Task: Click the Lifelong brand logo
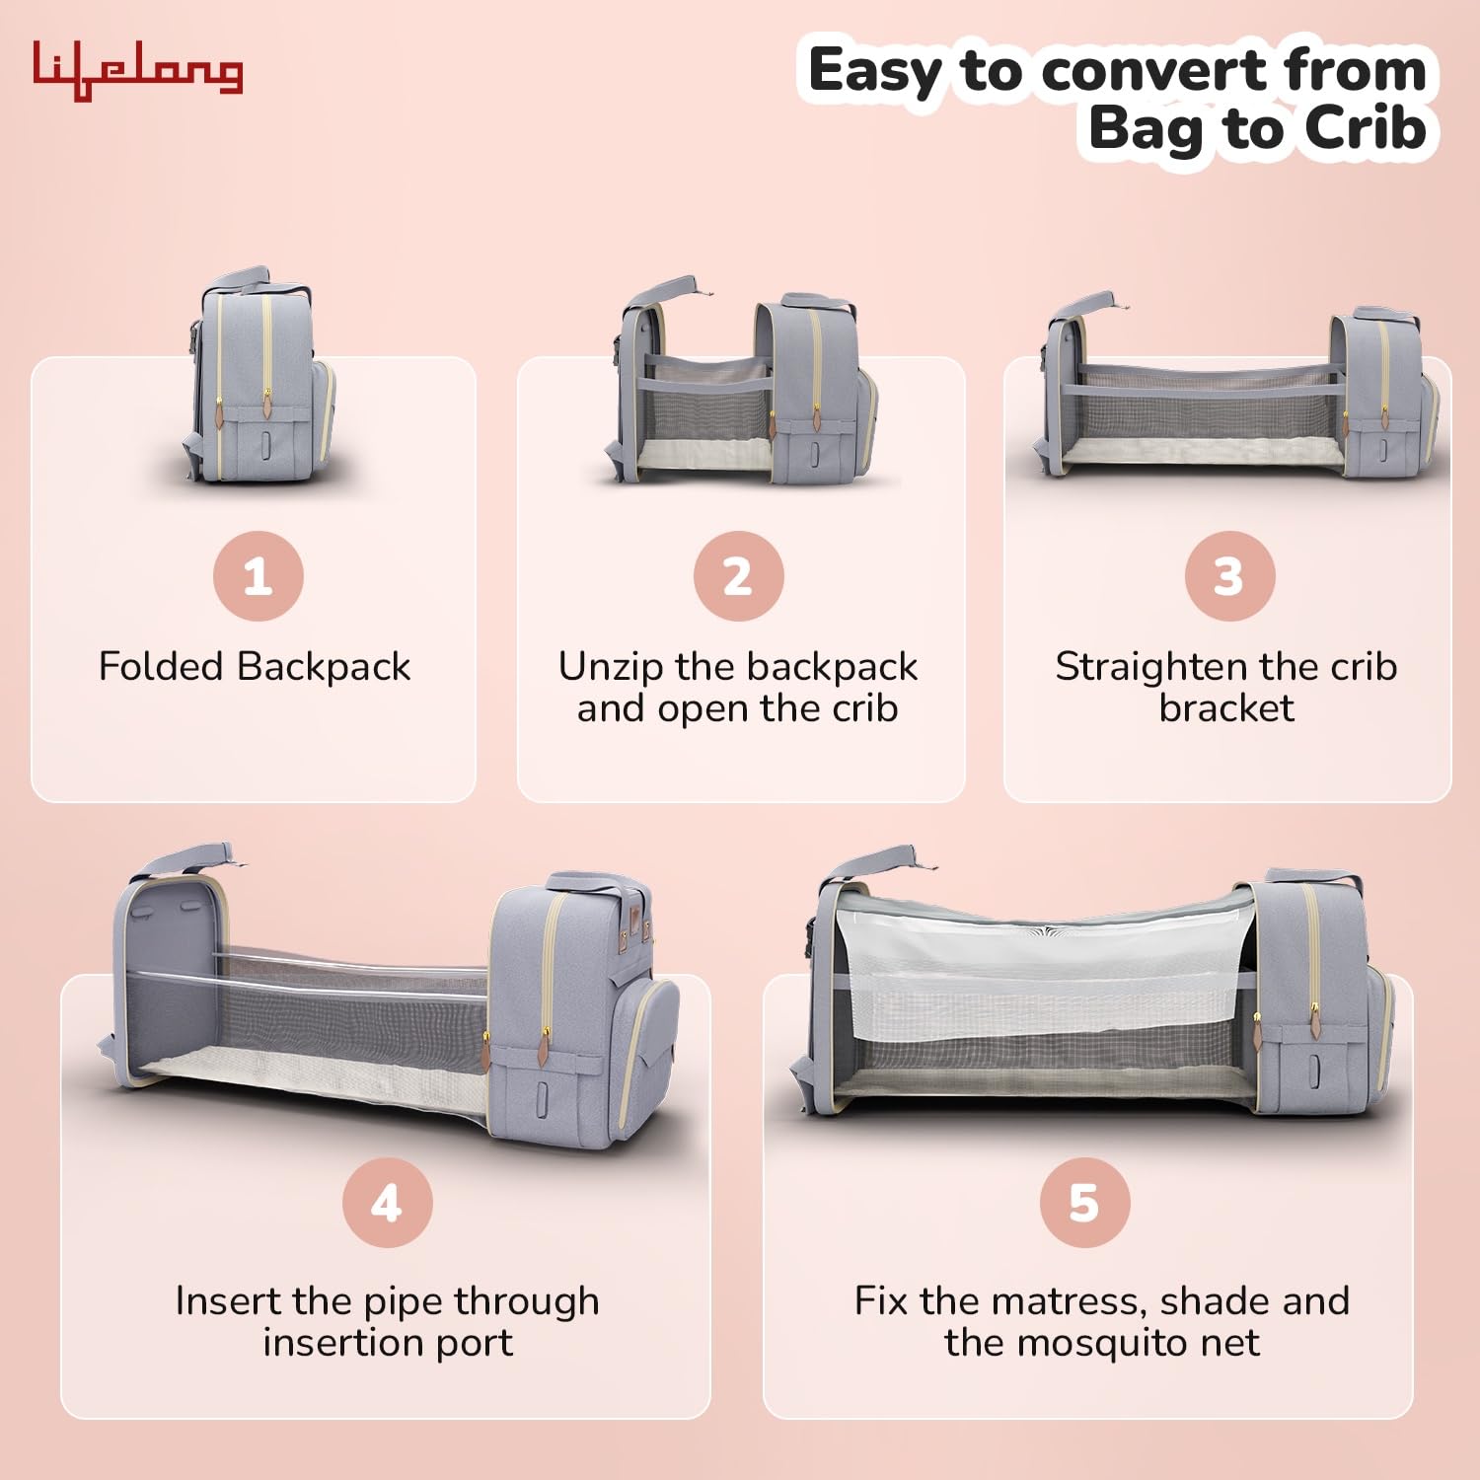(138, 70)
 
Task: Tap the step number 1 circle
(259, 576)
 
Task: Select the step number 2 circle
(738, 576)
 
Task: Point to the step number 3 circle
(1229, 576)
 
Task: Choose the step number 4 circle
(388, 1203)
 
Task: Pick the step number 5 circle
(1085, 1203)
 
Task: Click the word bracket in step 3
(1226, 707)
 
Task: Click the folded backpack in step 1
(259, 374)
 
